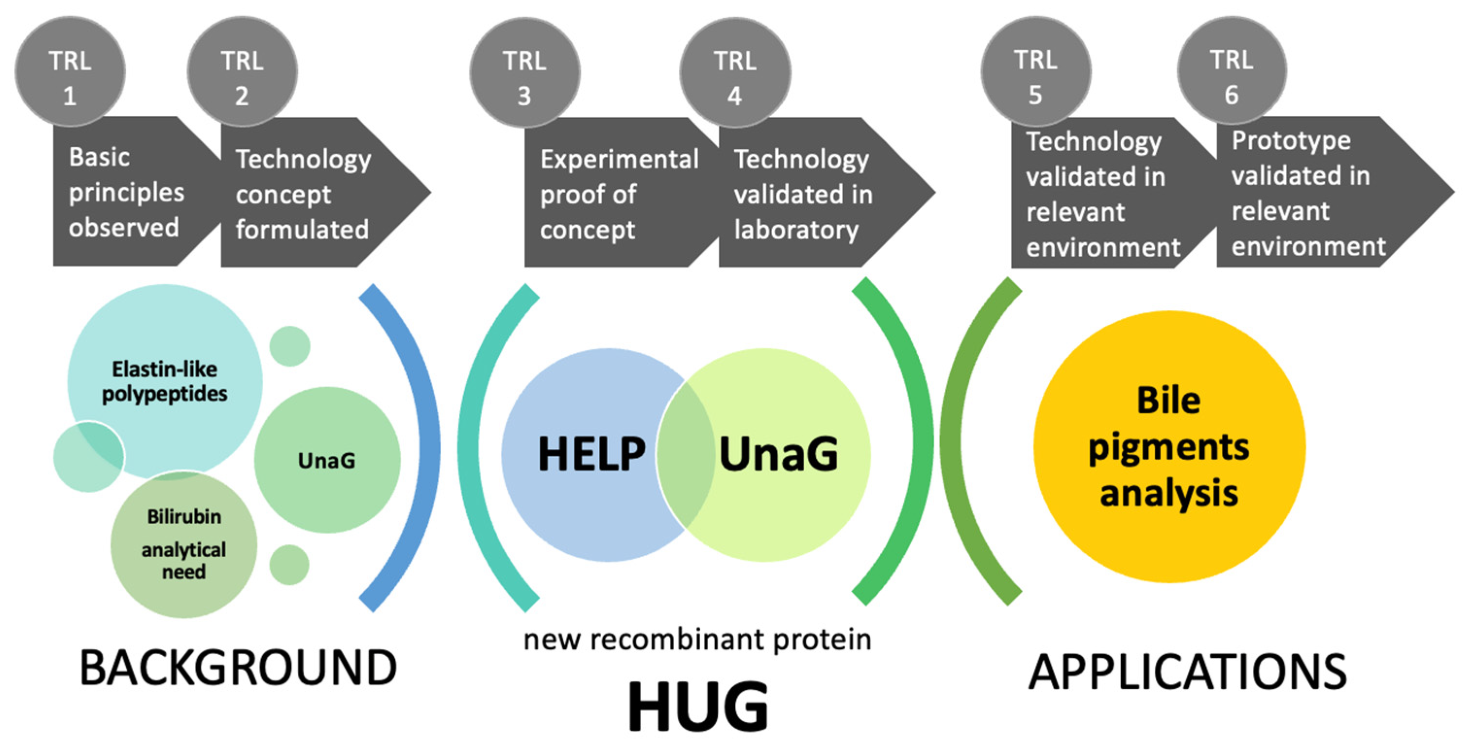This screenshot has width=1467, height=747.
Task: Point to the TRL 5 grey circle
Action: (x=1035, y=72)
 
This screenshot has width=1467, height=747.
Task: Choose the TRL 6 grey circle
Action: (x=1231, y=72)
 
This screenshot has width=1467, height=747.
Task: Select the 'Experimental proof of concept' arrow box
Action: (x=615, y=194)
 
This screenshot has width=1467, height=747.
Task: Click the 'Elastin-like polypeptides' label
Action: (x=165, y=382)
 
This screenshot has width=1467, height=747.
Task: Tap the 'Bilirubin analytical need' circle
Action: (x=184, y=544)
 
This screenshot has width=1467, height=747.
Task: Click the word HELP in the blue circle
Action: (x=591, y=454)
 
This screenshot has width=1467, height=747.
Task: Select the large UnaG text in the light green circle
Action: (x=778, y=454)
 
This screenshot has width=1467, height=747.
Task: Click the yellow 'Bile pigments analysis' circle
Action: (x=1169, y=447)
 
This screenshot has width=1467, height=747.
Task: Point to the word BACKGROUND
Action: (x=238, y=668)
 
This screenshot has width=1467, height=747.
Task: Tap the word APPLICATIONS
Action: (x=1187, y=672)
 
